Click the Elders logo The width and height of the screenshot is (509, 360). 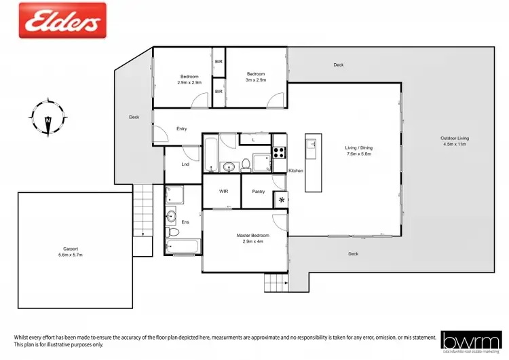click(x=62, y=20)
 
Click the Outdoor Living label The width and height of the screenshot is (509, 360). click(x=455, y=138)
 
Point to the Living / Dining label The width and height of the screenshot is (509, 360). click(x=359, y=147)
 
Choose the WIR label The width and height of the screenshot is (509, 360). click(x=223, y=191)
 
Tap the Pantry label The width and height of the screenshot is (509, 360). click(x=258, y=191)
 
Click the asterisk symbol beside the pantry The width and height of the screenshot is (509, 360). click(x=281, y=200)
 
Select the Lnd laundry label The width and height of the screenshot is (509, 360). click(x=185, y=164)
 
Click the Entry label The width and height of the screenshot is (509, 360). click(x=181, y=128)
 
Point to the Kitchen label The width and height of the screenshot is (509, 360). click(x=296, y=170)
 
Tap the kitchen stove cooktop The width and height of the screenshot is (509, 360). click(x=280, y=152)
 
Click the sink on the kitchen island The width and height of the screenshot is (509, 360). click(x=312, y=143)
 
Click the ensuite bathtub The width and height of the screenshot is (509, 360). click(x=184, y=246)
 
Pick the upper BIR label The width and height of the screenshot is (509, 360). click(x=219, y=62)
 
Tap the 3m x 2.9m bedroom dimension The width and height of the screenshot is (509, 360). click(x=256, y=80)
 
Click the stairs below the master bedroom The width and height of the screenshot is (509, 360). click(x=275, y=281)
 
